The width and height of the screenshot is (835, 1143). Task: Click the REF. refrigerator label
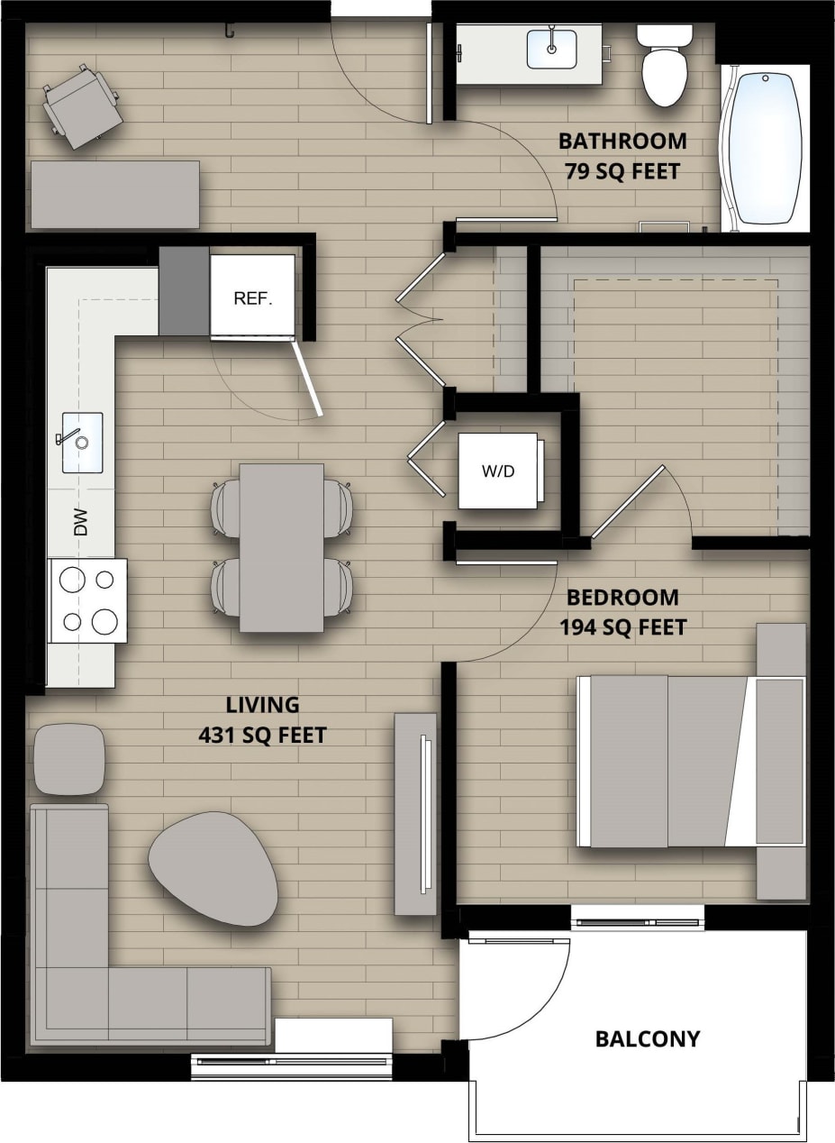(252, 298)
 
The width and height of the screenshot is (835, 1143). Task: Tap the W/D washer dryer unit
(498, 471)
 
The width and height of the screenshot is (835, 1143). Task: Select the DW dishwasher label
(81, 522)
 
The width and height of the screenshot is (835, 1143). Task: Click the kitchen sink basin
(82, 442)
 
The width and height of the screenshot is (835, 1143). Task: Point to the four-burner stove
(87, 600)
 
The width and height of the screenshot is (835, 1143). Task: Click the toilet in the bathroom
(665, 69)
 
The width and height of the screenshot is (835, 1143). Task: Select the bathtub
(765, 148)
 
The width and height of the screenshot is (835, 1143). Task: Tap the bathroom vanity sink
(551, 47)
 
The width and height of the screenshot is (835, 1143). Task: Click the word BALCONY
(647, 1038)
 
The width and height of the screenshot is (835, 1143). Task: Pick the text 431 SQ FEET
(262, 736)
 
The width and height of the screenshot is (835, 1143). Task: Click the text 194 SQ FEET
(622, 626)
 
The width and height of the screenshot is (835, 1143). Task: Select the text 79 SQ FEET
(622, 170)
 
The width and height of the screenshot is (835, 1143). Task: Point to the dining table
(281, 547)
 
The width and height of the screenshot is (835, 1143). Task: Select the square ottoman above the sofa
(69, 759)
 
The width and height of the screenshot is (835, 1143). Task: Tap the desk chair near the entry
(82, 105)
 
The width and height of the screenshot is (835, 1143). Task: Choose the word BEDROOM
(622, 597)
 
